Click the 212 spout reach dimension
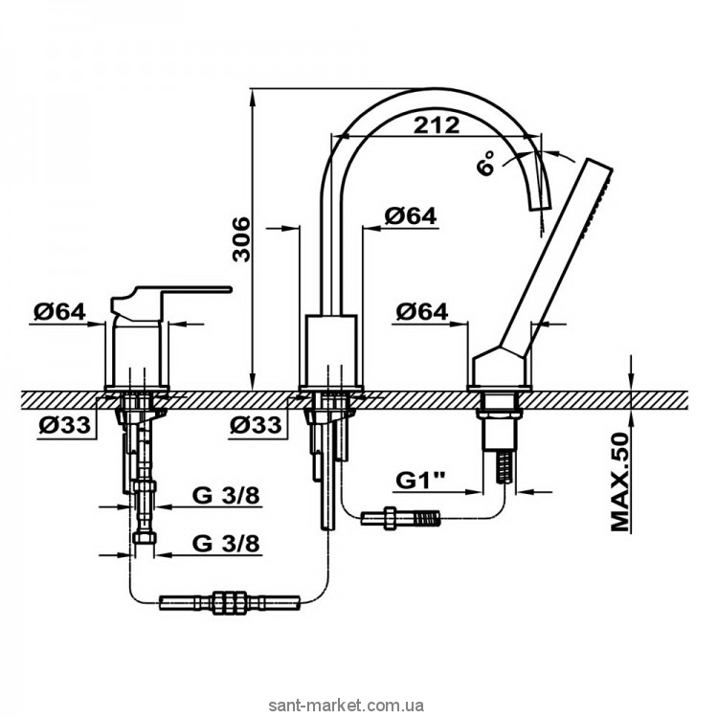[436, 124]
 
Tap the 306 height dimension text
[241, 239]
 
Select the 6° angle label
[485, 163]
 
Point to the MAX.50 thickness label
[621, 482]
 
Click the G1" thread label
[420, 481]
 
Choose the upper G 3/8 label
[226, 496]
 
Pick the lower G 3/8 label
[226, 544]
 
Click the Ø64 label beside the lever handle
[59, 312]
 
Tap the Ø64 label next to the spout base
[411, 215]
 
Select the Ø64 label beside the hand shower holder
[422, 312]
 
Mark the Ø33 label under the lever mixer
[64, 425]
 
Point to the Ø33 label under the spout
[256, 425]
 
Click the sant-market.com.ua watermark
[347, 706]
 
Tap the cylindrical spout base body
[331, 349]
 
